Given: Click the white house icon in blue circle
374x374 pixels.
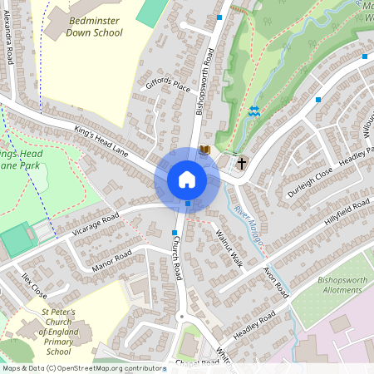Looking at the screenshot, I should click(x=187, y=179).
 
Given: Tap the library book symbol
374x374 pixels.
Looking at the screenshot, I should click(x=204, y=150).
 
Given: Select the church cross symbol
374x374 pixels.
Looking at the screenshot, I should click(x=242, y=163).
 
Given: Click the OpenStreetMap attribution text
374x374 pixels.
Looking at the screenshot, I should click(x=83, y=368).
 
